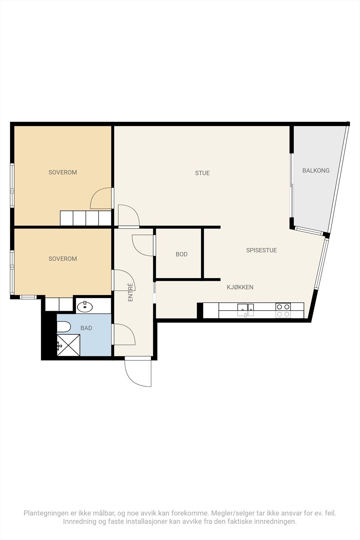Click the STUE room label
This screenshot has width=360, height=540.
[202, 173]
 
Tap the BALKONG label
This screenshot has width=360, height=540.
[316, 171]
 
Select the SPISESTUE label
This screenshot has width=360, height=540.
[261, 250]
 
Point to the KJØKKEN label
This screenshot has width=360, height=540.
[240, 287]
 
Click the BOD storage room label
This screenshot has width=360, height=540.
[182, 254]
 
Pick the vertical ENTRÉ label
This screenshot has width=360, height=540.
[130, 292]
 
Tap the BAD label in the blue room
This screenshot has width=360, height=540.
[86, 328]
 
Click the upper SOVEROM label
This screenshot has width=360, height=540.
[63, 172]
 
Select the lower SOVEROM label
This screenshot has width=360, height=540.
[63, 259]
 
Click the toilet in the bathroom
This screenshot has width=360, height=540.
[64, 327]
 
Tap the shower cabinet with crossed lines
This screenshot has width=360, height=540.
[68, 345]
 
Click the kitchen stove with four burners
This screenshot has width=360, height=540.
[283, 310]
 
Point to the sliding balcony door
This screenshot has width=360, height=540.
[292, 185]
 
